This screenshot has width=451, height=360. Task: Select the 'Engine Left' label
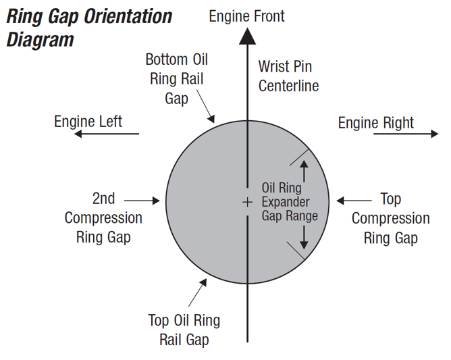tap(88, 121)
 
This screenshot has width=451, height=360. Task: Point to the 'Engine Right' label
tap(376, 122)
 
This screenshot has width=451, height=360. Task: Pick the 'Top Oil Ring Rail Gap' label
tap(184, 330)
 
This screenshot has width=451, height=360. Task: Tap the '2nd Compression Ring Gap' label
tap(103, 217)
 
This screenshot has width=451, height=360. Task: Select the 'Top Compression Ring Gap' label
tap(390, 218)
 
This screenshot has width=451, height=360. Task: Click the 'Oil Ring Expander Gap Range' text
tap(290, 201)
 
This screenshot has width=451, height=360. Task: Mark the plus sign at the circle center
tap(247, 201)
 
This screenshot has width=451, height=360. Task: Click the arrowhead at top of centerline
tap(247, 38)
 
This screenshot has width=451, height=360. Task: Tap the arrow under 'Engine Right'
tap(406, 134)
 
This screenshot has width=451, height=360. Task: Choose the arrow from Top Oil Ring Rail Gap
tap(198, 292)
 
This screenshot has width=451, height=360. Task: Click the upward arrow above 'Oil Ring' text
tap(304, 168)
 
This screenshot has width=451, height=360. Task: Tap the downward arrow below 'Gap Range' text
tap(304, 236)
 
